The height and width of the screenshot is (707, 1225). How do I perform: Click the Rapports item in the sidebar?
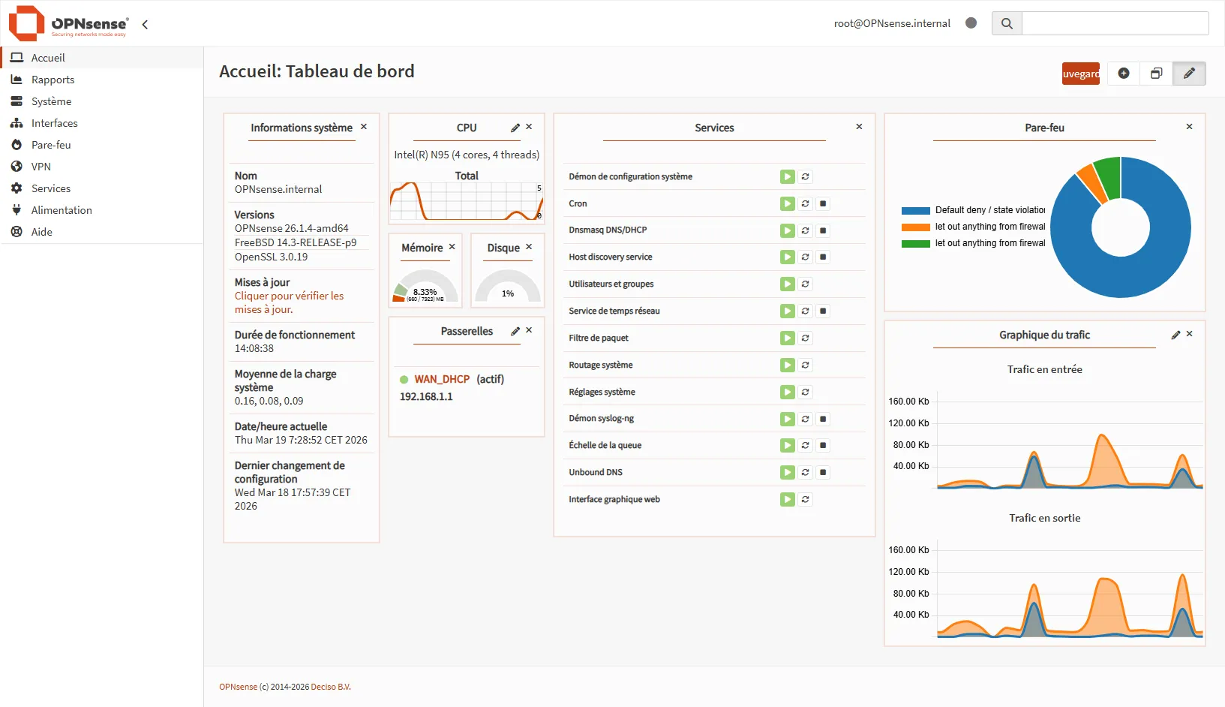53,80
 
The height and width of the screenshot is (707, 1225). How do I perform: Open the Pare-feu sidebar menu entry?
51,145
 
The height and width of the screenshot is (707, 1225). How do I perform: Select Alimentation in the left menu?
62,210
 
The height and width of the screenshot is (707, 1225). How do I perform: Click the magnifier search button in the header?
1007,23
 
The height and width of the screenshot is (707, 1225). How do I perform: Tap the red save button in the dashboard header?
1080,74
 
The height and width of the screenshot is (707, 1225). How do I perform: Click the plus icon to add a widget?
1123,74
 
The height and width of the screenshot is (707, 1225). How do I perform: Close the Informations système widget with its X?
364,127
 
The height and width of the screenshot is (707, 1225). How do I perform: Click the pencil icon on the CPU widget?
515,128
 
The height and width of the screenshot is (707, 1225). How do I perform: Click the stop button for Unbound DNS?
823,473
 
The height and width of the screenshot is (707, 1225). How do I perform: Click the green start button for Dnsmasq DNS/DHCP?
787,230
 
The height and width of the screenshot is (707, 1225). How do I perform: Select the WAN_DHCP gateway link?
442,379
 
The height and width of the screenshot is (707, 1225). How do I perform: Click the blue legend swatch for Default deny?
915,211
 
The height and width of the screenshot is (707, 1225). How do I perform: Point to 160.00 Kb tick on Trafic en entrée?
908,402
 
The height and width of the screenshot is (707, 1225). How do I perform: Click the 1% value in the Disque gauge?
508,293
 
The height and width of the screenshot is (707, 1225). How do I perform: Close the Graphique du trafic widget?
1189,334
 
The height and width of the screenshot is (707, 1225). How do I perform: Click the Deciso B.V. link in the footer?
331,687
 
